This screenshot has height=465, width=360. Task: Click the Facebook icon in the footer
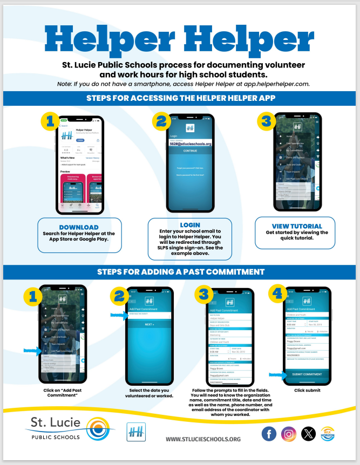coord(269,433)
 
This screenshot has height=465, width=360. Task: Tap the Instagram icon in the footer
coord(289,433)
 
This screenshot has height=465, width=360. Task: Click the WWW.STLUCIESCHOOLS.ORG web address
coord(203,439)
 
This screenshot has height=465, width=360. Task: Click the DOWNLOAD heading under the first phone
coord(78,227)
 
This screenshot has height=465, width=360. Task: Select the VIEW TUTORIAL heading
coord(295,226)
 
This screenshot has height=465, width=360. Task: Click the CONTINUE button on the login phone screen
coord(190,151)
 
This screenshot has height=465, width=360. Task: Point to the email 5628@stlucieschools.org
coord(190,144)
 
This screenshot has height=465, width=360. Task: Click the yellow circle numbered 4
coord(277,294)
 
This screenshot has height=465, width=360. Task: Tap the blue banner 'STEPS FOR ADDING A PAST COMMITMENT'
coord(180,271)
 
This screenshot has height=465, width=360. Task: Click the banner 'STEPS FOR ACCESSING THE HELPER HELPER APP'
coord(180,98)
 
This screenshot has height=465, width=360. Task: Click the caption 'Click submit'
coord(307,389)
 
